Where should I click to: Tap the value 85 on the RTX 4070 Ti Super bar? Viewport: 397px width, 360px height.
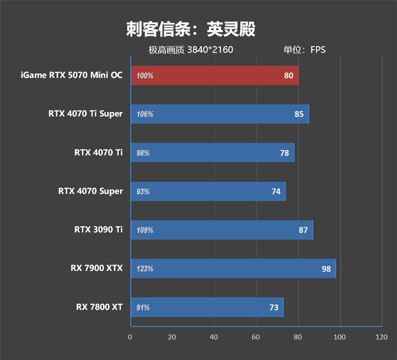[x=299, y=114]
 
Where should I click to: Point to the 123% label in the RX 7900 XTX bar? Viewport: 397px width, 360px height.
[x=145, y=269]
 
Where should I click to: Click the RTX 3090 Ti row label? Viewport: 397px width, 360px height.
[x=98, y=229]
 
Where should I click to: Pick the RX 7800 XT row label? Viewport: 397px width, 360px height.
[x=99, y=307]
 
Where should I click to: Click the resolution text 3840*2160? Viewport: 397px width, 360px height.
[x=210, y=50]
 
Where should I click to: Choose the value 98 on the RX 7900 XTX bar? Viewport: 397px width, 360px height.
[x=326, y=269]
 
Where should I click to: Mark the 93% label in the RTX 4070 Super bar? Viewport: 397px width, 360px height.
[x=143, y=192]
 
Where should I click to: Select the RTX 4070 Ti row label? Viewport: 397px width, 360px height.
[x=98, y=152]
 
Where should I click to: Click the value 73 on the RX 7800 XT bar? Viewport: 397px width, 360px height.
[x=274, y=308]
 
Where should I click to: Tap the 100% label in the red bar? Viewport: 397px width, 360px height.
[x=145, y=76]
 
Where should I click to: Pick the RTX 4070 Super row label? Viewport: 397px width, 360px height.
[x=90, y=191]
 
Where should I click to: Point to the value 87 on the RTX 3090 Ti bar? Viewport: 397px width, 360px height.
[x=303, y=230]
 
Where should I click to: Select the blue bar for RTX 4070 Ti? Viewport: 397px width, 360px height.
[x=212, y=153]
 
